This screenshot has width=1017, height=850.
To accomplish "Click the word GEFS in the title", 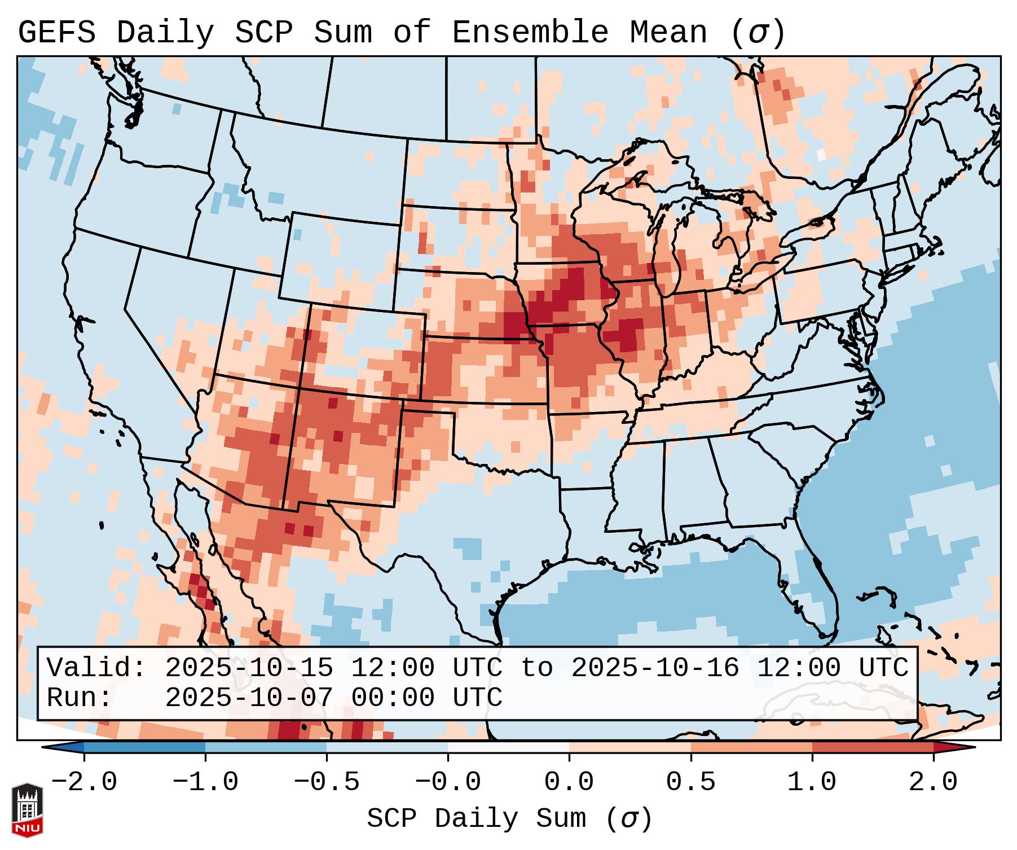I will pyautogui.click(x=56, y=33).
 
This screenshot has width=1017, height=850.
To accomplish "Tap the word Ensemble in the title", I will pyautogui.click(x=530, y=33).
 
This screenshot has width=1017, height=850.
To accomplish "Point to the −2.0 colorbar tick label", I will pyautogui.click(x=84, y=782).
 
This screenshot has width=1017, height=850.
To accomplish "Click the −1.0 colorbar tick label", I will pyautogui.click(x=205, y=782).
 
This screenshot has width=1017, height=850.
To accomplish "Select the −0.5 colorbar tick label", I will pyautogui.click(x=327, y=782).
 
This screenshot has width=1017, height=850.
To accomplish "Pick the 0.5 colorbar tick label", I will pyautogui.click(x=690, y=782).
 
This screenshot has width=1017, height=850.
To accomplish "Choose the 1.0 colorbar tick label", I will pyautogui.click(x=812, y=782).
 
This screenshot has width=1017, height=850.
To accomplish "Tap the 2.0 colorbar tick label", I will pyautogui.click(x=933, y=782).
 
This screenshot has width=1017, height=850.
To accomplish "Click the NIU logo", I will pyautogui.click(x=27, y=810).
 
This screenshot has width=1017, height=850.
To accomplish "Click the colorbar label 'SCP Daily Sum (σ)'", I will pyautogui.click(x=509, y=818).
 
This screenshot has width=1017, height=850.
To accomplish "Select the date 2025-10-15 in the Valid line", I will pyautogui.click(x=249, y=668).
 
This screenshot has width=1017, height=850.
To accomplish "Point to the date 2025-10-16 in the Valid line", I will pyautogui.click(x=655, y=668).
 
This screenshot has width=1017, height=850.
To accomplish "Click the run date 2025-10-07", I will pyautogui.click(x=249, y=698).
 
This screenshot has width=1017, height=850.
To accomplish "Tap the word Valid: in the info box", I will pyautogui.click(x=96, y=668).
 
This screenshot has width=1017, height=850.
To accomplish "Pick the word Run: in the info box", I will pyautogui.click(x=80, y=698).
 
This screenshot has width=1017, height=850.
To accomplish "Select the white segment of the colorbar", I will pyautogui.click(x=508, y=747).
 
